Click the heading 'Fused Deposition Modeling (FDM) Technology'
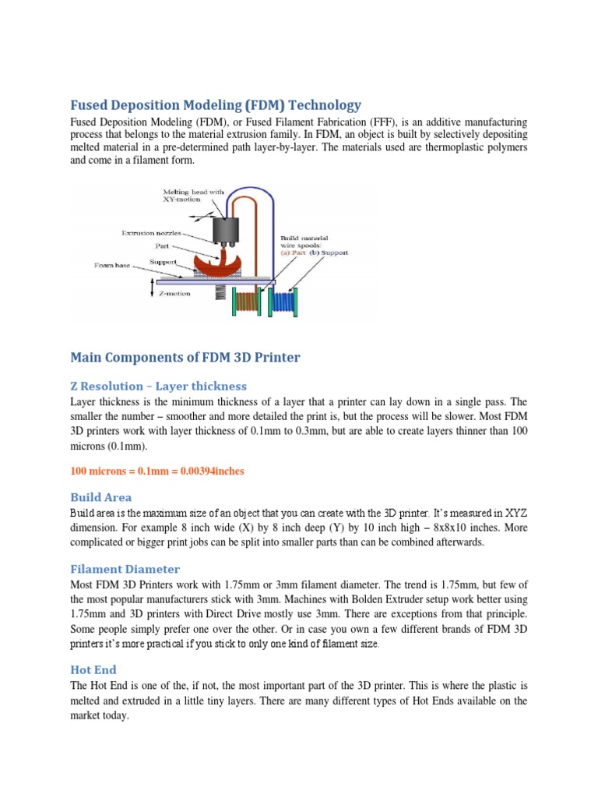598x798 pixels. point(216,104)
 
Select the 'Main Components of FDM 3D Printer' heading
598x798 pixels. point(185,357)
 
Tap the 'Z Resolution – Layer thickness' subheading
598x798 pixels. point(158,386)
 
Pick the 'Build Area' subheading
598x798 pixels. point(100,496)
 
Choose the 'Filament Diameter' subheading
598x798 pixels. point(125,569)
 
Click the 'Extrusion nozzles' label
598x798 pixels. point(152,232)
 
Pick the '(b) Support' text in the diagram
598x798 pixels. point(330,252)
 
